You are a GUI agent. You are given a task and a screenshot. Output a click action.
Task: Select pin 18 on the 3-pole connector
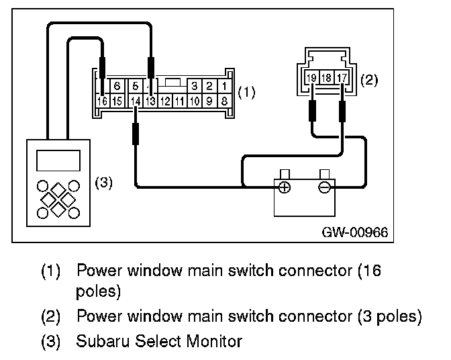click(328, 79)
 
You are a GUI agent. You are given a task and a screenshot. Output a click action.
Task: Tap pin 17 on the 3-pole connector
click(343, 79)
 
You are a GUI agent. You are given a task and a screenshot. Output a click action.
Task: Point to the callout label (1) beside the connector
click(248, 93)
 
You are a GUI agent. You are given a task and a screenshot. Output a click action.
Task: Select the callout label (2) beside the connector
click(368, 81)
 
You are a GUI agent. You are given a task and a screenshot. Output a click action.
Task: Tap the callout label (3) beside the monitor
click(103, 182)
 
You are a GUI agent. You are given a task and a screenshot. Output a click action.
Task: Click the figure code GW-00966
click(355, 232)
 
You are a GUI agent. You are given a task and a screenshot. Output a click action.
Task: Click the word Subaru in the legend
click(98, 341)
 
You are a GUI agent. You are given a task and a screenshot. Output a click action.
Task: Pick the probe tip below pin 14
click(136, 132)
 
